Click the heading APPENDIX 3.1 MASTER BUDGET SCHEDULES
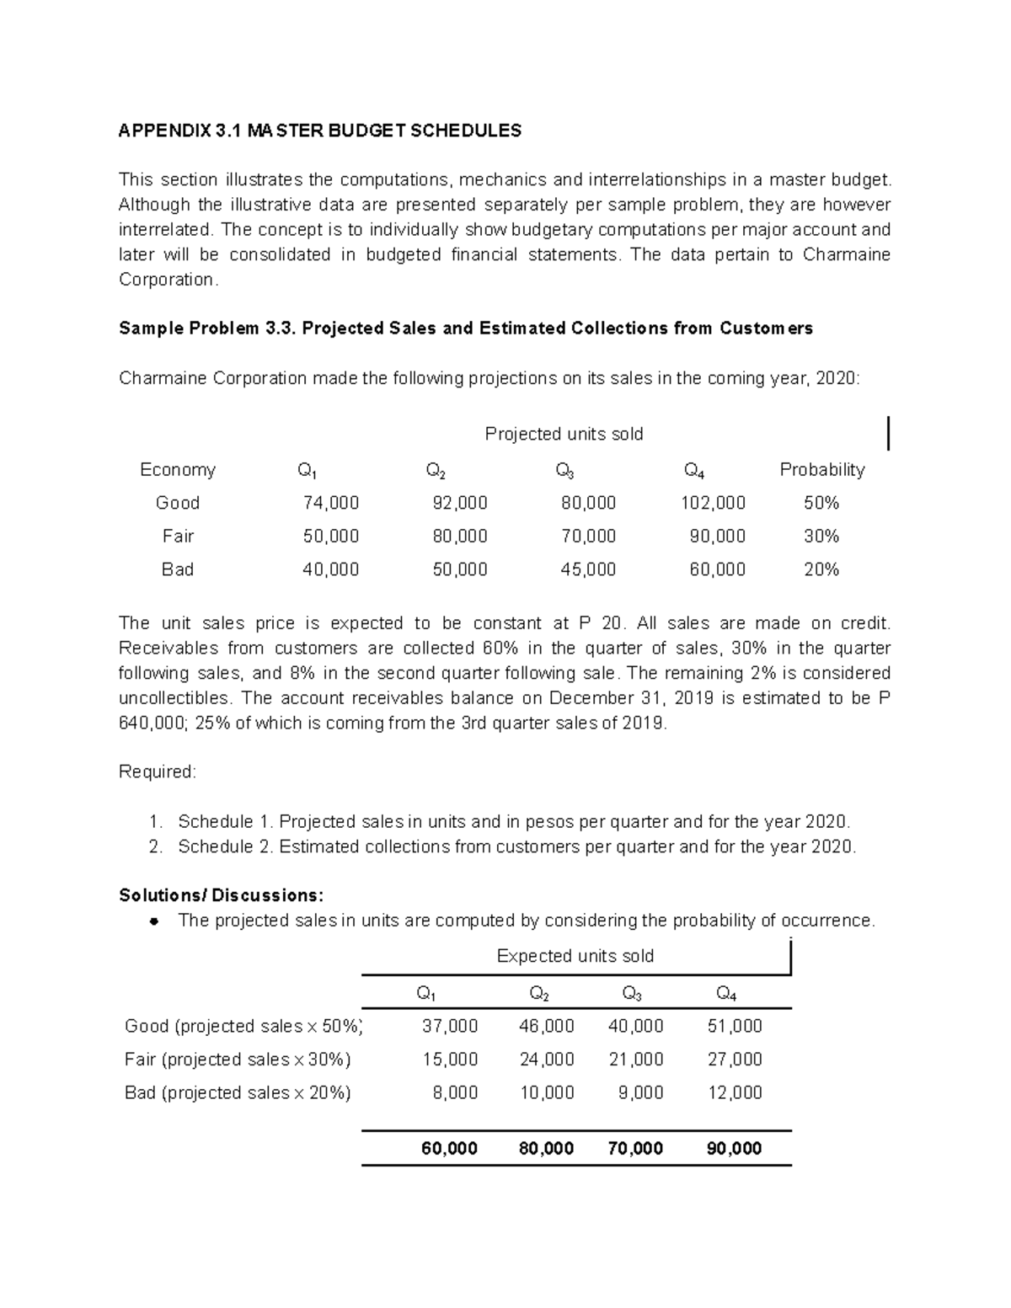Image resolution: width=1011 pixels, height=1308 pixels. click(320, 131)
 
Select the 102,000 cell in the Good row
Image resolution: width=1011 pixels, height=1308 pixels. click(713, 503)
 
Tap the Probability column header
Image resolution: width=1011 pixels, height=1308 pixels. click(821, 469)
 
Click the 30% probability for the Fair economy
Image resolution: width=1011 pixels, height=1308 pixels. click(821, 536)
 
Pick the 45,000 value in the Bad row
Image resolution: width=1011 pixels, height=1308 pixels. click(588, 569)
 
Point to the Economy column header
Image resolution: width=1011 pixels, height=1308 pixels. click(178, 469)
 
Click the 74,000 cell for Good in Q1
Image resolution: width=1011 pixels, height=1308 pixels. click(331, 503)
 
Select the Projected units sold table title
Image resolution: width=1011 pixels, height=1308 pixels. click(564, 434)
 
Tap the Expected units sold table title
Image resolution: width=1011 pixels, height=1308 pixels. click(575, 956)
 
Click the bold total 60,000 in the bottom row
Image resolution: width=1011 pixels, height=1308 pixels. click(450, 1148)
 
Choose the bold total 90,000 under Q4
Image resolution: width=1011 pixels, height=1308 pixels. click(735, 1148)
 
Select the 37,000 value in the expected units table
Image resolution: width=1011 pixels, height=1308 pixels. click(450, 1026)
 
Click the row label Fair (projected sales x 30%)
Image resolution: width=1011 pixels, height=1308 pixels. click(238, 1059)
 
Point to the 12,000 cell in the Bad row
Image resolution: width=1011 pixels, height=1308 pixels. click(735, 1092)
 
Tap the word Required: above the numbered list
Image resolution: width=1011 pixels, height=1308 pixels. click(158, 771)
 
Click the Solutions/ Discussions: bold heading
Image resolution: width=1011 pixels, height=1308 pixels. click(221, 894)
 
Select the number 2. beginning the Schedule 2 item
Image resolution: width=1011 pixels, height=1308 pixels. click(155, 846)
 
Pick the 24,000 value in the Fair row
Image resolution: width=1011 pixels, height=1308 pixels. click(547, 1059)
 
